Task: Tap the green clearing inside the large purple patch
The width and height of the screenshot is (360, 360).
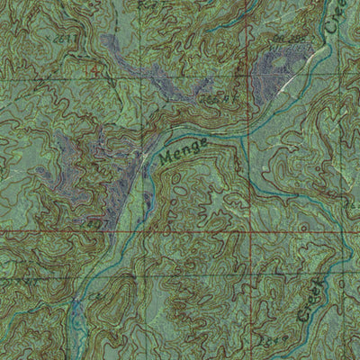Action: (x=274, y=64)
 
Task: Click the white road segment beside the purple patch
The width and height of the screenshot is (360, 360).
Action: (x=290, y=82)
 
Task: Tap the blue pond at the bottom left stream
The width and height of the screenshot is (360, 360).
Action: (x=77, y=310)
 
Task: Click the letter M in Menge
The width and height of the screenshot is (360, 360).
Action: (x=166, y=161)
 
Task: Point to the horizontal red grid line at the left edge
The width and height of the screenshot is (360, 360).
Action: (x=4, y=231)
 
